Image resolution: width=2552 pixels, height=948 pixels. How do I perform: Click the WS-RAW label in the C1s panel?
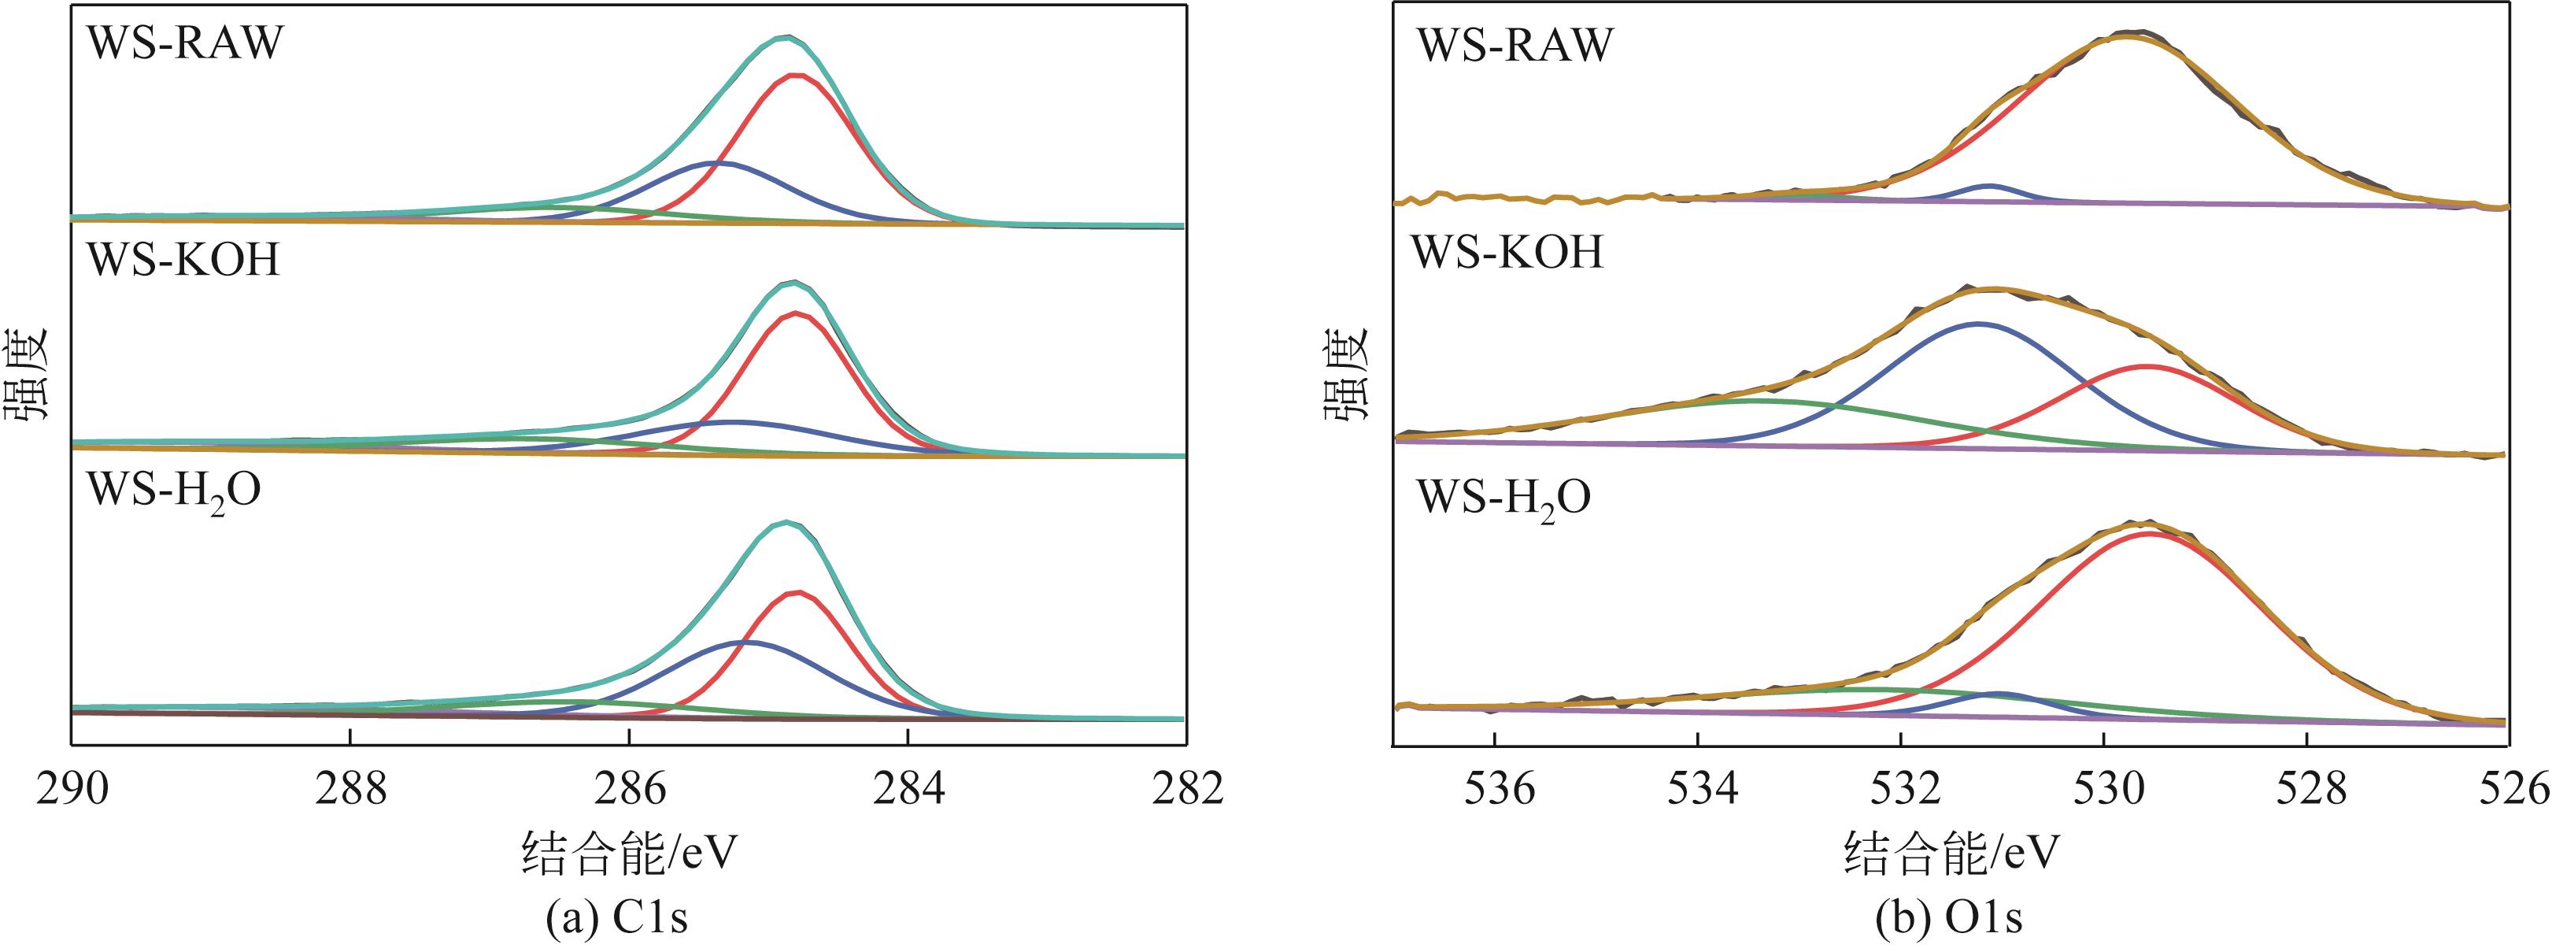pos(185,43)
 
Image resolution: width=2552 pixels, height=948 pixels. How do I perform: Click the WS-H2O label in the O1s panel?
pos(1503,498)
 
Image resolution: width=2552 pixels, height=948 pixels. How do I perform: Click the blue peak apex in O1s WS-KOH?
pos(1978,323)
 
